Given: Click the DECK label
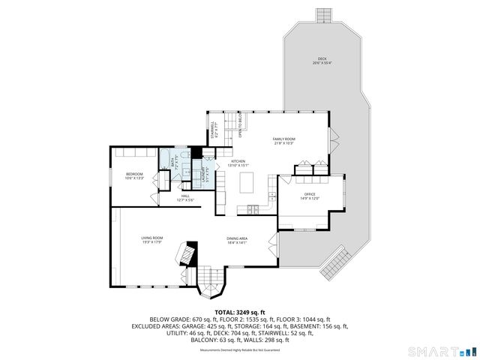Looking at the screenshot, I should [x=322, y=58].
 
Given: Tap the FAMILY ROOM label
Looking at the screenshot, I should [x=283, y=139].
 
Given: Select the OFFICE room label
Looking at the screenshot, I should [x=310, y=194].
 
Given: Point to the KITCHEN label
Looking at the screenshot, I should [x=238, y=161].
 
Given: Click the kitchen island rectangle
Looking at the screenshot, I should [x=247, y=183].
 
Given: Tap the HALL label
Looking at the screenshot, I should [x=185, y=196].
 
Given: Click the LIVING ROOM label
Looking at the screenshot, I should [x=152, y=238].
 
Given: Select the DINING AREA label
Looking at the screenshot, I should [x=237, y=238].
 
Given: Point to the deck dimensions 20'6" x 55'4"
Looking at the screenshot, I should [x=322, y=64].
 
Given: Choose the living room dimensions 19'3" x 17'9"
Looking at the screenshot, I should [x=152, y=242].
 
